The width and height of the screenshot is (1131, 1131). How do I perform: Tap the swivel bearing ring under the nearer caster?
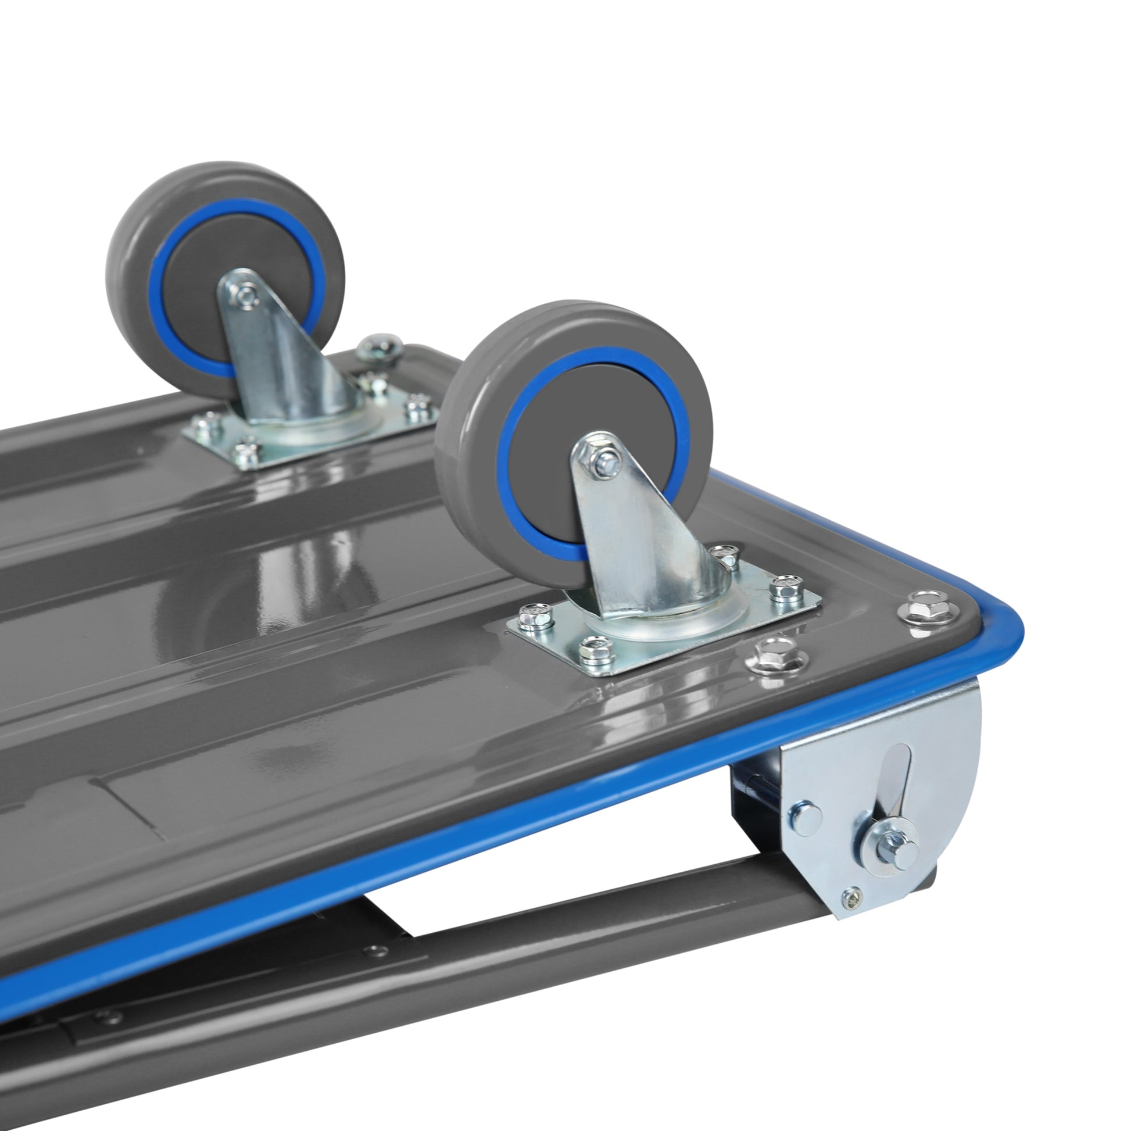(673, 627)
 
